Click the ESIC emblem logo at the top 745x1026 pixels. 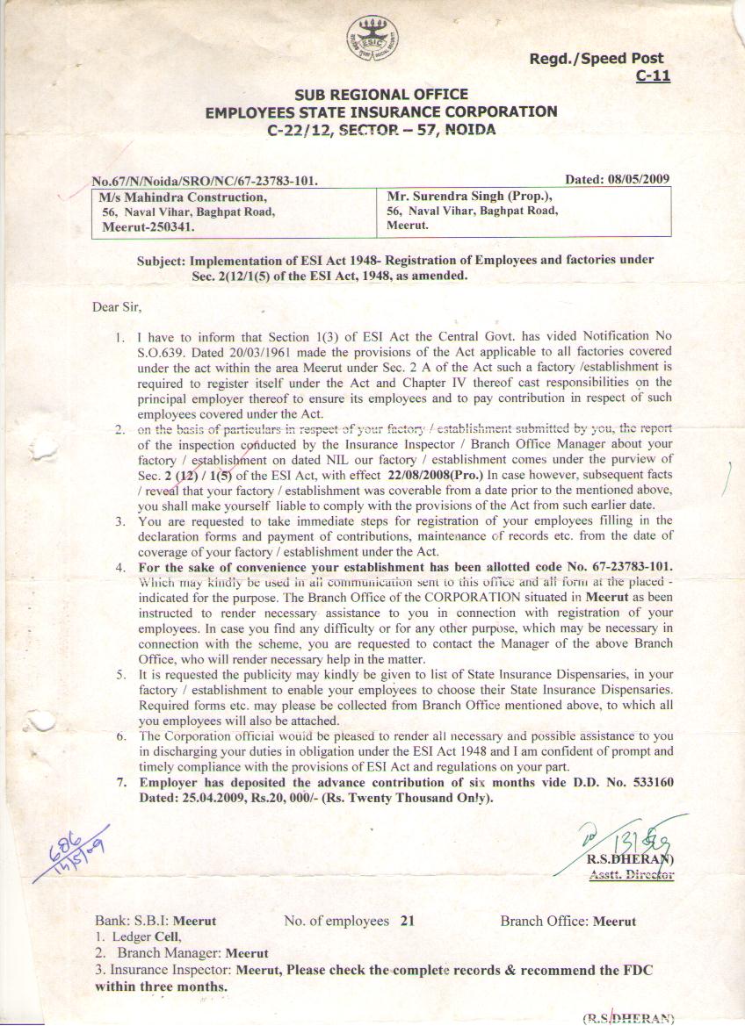point(372,39)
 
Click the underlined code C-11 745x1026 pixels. point(653,75)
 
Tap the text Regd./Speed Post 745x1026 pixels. point(596,59)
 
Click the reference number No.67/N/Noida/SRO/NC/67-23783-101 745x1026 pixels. point(205,182)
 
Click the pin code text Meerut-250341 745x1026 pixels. point(149,226)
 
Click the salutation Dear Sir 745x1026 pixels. point(116,307)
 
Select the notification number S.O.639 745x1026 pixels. point(163,350)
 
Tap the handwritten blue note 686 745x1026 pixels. point(65,843)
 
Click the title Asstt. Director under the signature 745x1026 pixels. point(632,874)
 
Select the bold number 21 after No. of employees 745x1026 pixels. point(406,922)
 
